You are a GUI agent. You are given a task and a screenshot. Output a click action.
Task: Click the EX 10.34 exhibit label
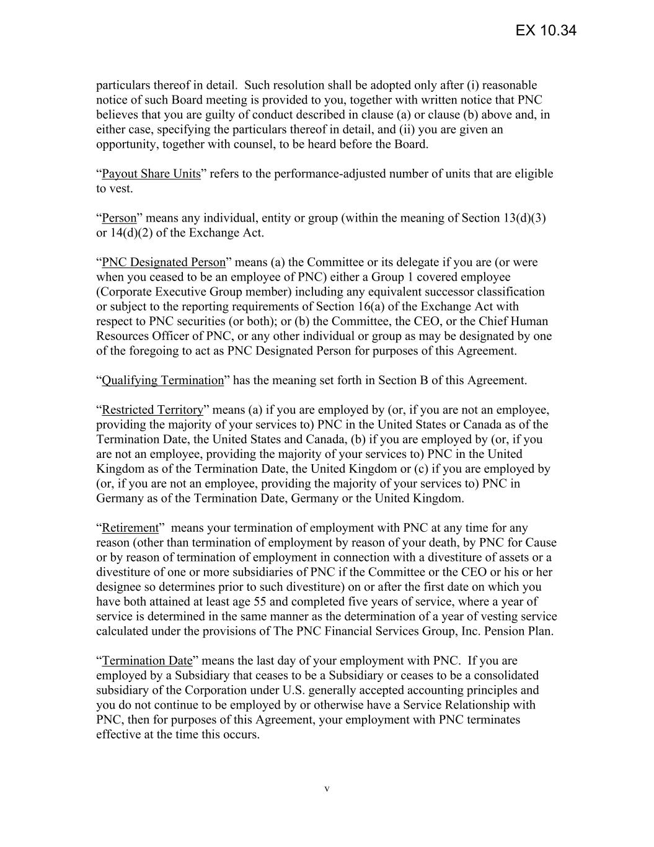[546, 30]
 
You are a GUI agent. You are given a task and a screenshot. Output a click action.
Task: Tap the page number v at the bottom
[327, 789]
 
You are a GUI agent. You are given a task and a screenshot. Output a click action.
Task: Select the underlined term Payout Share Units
[151, 174]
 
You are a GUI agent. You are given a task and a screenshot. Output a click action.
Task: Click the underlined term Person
[118, 218]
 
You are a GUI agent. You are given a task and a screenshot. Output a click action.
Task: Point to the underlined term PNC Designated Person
[163, 262]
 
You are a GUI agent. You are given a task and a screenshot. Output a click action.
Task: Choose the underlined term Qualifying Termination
[162, 380]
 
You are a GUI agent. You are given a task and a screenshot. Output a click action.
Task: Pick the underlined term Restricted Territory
[152, 410]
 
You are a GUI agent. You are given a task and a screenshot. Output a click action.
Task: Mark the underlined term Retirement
[130, 528]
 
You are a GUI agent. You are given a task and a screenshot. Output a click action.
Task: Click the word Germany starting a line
[117, 498]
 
